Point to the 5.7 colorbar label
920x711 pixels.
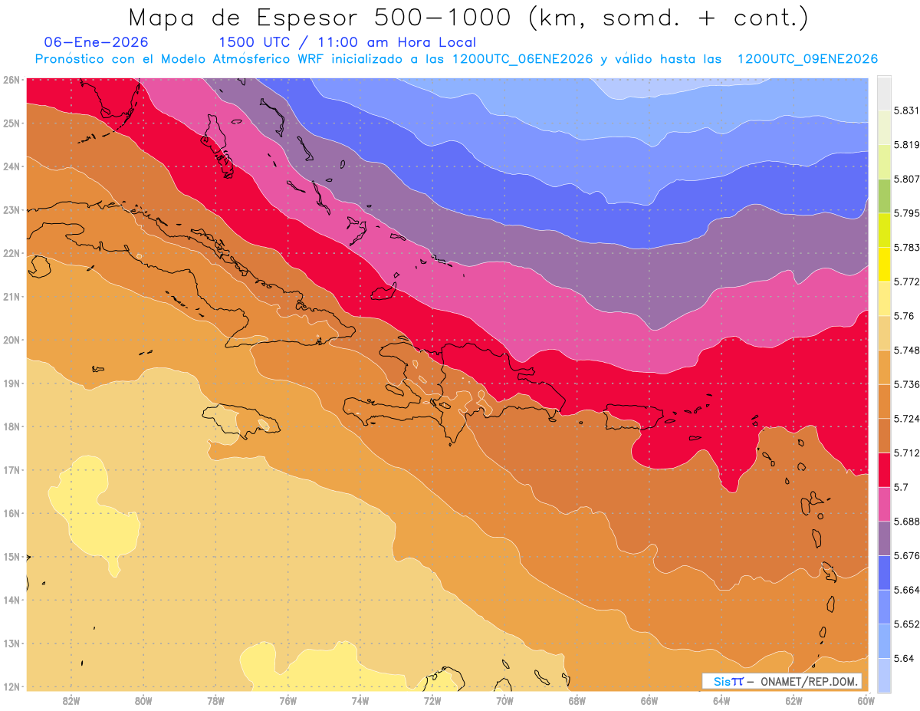point(900,486)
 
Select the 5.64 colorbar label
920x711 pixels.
point(902,658)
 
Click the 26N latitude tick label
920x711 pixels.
point(11,80)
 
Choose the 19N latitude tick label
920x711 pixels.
point(11,383)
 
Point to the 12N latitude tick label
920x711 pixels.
point(11,686)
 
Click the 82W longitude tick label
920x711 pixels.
point(71,700)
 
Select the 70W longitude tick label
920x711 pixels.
point(504,700)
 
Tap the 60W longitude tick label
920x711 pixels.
point(866,700)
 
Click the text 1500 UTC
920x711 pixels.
point(255,42)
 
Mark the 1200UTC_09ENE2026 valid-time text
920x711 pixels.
point(807,59)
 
